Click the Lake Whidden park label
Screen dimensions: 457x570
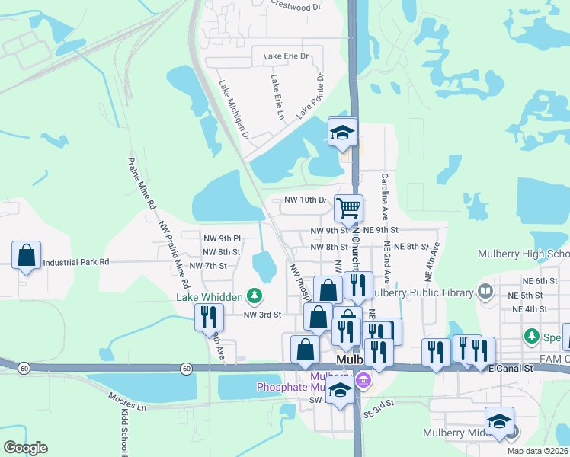[210, 297]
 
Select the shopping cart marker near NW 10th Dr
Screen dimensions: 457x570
[348, 207]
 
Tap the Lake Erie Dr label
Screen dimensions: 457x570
[286, 56]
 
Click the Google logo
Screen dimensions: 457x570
[25, 448]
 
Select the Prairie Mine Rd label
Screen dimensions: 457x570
[142, 183]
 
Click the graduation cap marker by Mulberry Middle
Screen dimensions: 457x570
[499, 421]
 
